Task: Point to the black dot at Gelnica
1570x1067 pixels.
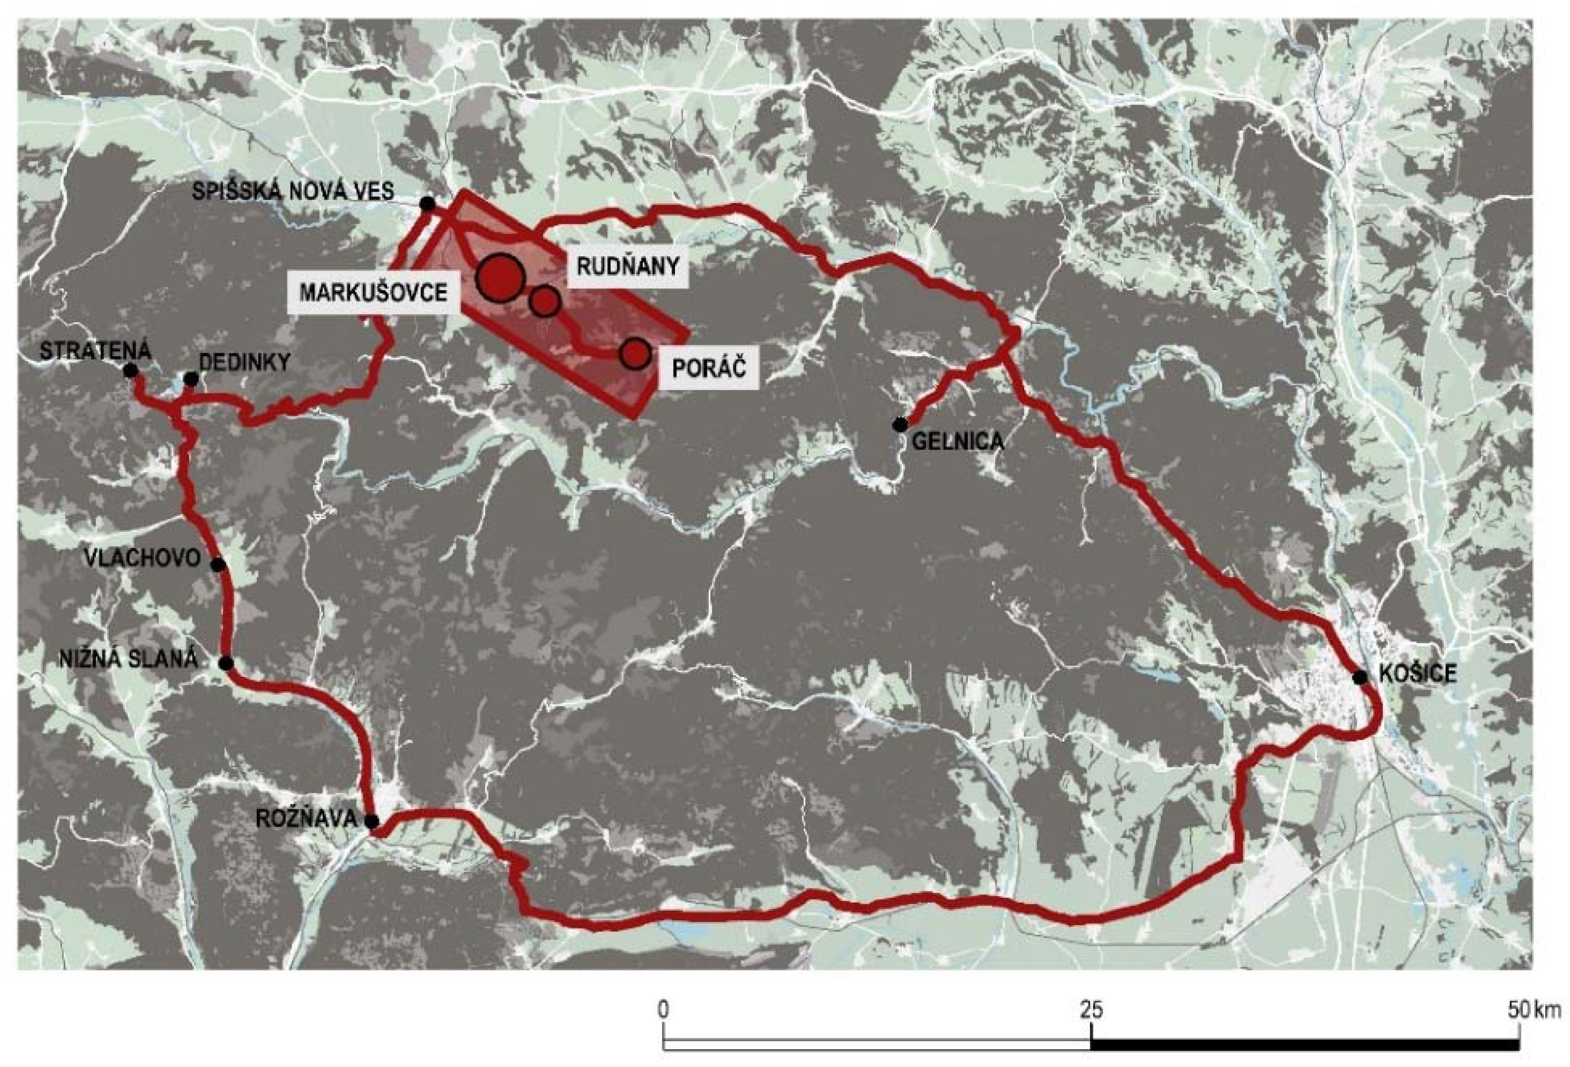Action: click(x=899, y=424)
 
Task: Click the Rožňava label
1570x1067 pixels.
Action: click(x=306, y=818)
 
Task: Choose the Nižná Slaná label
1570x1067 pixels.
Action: click(x=128, y=659)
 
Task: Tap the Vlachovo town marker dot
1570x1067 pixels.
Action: click(x=218, y=564)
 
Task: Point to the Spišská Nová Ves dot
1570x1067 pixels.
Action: click(x=427, y=204)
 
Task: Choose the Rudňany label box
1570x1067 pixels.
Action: click(x=627, y=266)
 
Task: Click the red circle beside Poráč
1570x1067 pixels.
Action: click(x=634, y=353)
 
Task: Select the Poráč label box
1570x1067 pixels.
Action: click(x=709, y=368)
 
